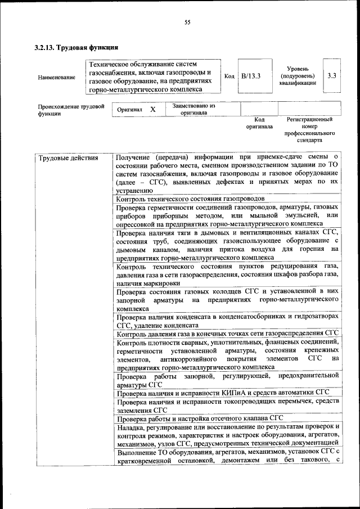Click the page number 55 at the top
pyautogui.click(x=187, y=22)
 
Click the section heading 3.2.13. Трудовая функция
pyautogui.click(x=76, y=47)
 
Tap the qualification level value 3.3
pyautogui.click(x=332, y=76)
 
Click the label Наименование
pyautogui.click(x=57, y=77)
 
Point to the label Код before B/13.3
pyautogui.click(x=229, y=76)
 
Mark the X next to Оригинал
pyautogui.click(x=152, y=109)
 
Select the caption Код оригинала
pyautogui.click(x=259, y=123)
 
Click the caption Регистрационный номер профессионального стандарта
pyautogui.click(x=309, y=130)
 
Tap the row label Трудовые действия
pyautogui.click(x=68, y=158)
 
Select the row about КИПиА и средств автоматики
pyautogui.click(x=222, y=393)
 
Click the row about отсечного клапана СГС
pyautogui.click(x=199, y=418)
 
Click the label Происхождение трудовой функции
pyautogui.click(x=64, y=109)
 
